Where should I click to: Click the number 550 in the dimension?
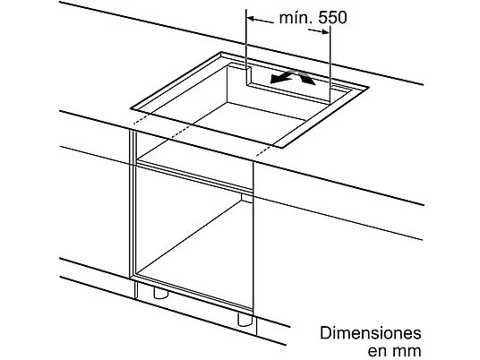point(332,17)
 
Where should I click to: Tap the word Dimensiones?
point(371,333)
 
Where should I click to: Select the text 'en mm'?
point(394,351)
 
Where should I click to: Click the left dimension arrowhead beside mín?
point(251,19)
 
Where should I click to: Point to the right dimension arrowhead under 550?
point(324,32)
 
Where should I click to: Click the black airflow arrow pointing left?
point(281,78)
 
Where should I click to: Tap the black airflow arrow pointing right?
point(306,78)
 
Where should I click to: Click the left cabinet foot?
point(160,293)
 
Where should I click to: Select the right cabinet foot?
point(245,320)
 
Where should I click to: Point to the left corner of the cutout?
point(132,108)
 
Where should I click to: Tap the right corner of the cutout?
point(368,88)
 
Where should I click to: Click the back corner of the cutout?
point(221,52)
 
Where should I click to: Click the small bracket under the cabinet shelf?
point(247,198)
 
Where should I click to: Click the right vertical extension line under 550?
point(330,64)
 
